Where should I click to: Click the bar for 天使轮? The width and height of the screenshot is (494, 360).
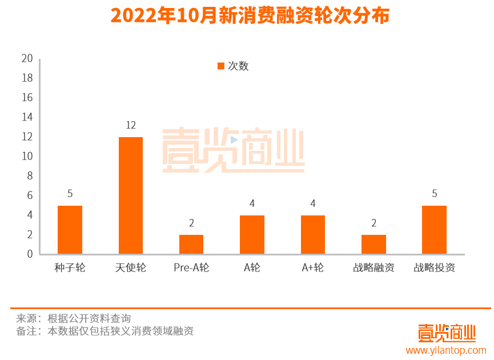coord(131,195)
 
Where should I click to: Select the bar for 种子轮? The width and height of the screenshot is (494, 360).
coord(70,230)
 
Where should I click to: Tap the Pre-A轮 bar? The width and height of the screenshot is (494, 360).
coord(191,245)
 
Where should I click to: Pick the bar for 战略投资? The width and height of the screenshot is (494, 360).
coord(434,230)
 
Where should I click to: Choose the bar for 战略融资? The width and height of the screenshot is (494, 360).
coord(373,245)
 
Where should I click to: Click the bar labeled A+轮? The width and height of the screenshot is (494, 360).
coord(313,235)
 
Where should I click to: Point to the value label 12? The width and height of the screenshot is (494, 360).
coord(131,125)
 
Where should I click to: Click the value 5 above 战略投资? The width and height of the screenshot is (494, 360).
coord(434,194)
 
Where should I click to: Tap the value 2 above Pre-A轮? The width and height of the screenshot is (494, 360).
coord(191,223)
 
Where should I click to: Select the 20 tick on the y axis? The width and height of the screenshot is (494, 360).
coord(27,58)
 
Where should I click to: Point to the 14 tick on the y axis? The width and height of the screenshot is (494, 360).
coord(27,117)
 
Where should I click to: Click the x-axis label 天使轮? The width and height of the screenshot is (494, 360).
coord(131,267)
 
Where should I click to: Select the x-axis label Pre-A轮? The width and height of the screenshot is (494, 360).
coord(191,267)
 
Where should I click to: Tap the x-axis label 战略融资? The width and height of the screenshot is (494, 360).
coord(373,267)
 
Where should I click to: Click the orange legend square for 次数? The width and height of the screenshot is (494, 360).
coord(221,66)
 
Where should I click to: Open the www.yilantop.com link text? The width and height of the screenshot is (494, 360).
coord(446,350)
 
